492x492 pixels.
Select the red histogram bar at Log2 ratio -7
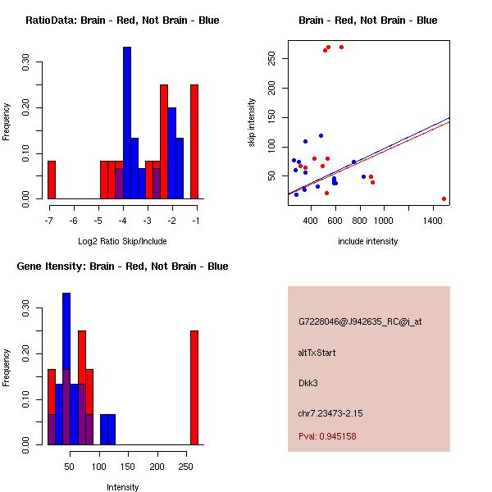pos(52,180)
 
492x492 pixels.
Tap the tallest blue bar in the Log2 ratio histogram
pos(127,123)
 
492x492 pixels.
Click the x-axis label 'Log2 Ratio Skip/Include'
pos(122,241)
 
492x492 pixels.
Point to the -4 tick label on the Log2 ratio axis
pos(123,221)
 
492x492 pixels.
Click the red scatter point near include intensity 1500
pos(444,198)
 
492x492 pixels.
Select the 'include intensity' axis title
pos(368,241)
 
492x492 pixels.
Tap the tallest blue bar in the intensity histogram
pos(66,368)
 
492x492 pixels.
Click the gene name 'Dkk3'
pos(308,383)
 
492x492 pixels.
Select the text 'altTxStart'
pos(317,353)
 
